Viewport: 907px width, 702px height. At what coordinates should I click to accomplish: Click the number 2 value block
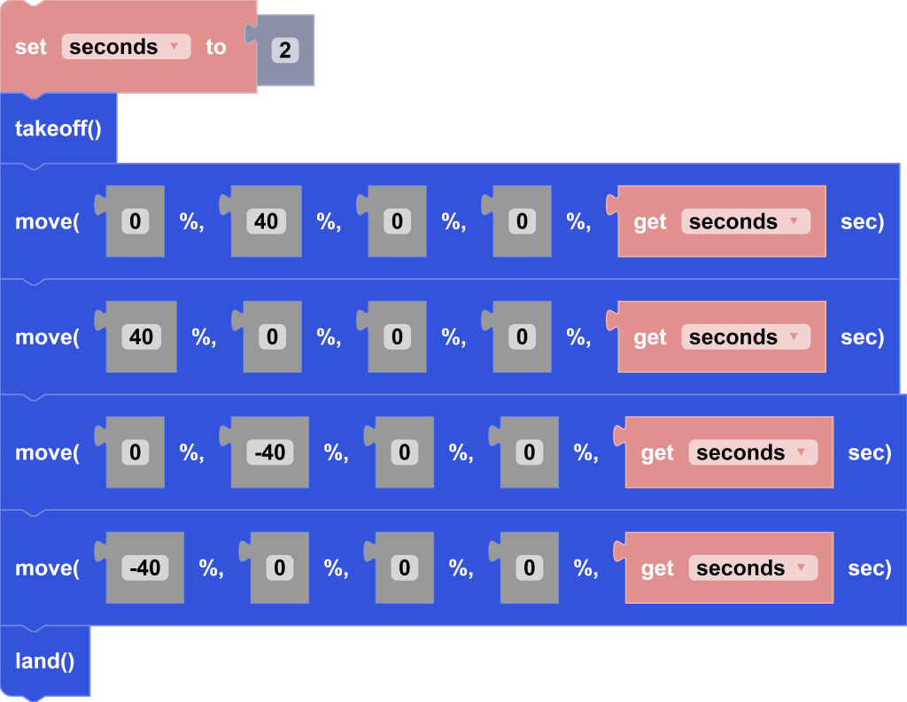tap(285, 50)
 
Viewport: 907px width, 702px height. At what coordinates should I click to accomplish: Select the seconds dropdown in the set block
tap(126, 47)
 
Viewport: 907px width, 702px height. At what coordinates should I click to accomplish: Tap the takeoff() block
tap(58, 129)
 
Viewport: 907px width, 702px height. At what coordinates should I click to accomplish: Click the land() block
tap(44, 660)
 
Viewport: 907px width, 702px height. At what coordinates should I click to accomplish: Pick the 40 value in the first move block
tap(266, 221)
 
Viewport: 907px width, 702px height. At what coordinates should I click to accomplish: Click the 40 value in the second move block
tap(141, 337)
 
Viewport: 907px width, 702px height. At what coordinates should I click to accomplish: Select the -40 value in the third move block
tap(269, 452)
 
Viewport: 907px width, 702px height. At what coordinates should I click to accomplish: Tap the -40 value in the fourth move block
tap(144, 567)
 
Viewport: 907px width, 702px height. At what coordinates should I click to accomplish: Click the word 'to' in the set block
tap(216, 47)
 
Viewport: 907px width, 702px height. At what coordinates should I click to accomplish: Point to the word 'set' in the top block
tap(31, 47)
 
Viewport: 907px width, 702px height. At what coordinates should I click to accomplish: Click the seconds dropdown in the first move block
tap(745, 221)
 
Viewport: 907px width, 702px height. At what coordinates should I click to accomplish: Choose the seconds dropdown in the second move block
tap(745, 337)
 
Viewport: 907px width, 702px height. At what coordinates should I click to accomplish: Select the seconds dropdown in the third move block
tap(752, 452)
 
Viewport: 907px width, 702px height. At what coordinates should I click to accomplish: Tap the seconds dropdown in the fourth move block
tap(752, 567)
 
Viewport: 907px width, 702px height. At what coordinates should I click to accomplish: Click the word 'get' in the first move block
tap(650, 221)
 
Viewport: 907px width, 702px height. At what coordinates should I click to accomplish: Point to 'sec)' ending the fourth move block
tap(870, 567)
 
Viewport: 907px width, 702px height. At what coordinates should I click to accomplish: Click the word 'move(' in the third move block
tap(47, 452)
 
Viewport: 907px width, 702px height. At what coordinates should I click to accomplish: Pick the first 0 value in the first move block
tap(135, 221)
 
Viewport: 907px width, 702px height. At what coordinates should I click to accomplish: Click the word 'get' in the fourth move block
tap(657, 567)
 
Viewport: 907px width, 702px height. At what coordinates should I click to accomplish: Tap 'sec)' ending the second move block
tap(862, 337)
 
